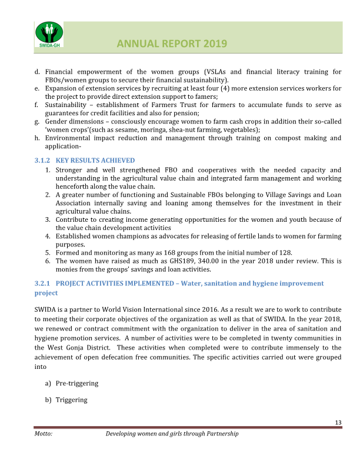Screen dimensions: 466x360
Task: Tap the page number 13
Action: (x=338, y=423)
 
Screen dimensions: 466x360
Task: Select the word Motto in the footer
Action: (x=44, y=434)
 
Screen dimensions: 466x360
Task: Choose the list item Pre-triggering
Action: (x=77, y=384)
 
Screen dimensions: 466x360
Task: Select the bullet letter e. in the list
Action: (x=37, y=88)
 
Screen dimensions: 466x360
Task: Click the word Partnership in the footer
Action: (x=221, y=434)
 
